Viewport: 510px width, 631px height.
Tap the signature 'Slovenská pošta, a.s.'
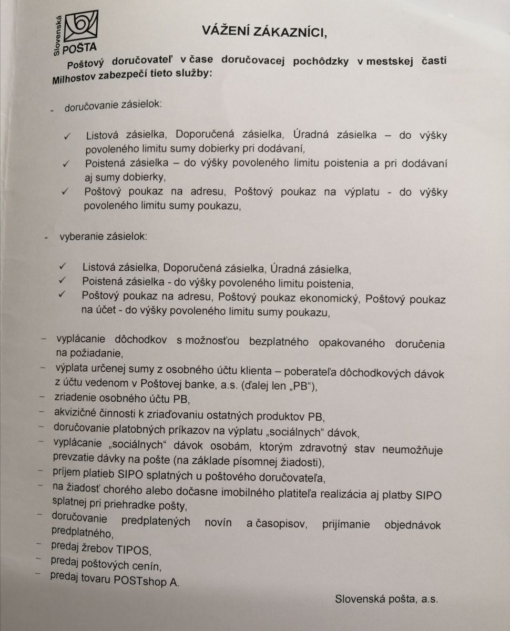point(386,598)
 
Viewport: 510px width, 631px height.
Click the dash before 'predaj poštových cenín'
point(38,558)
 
